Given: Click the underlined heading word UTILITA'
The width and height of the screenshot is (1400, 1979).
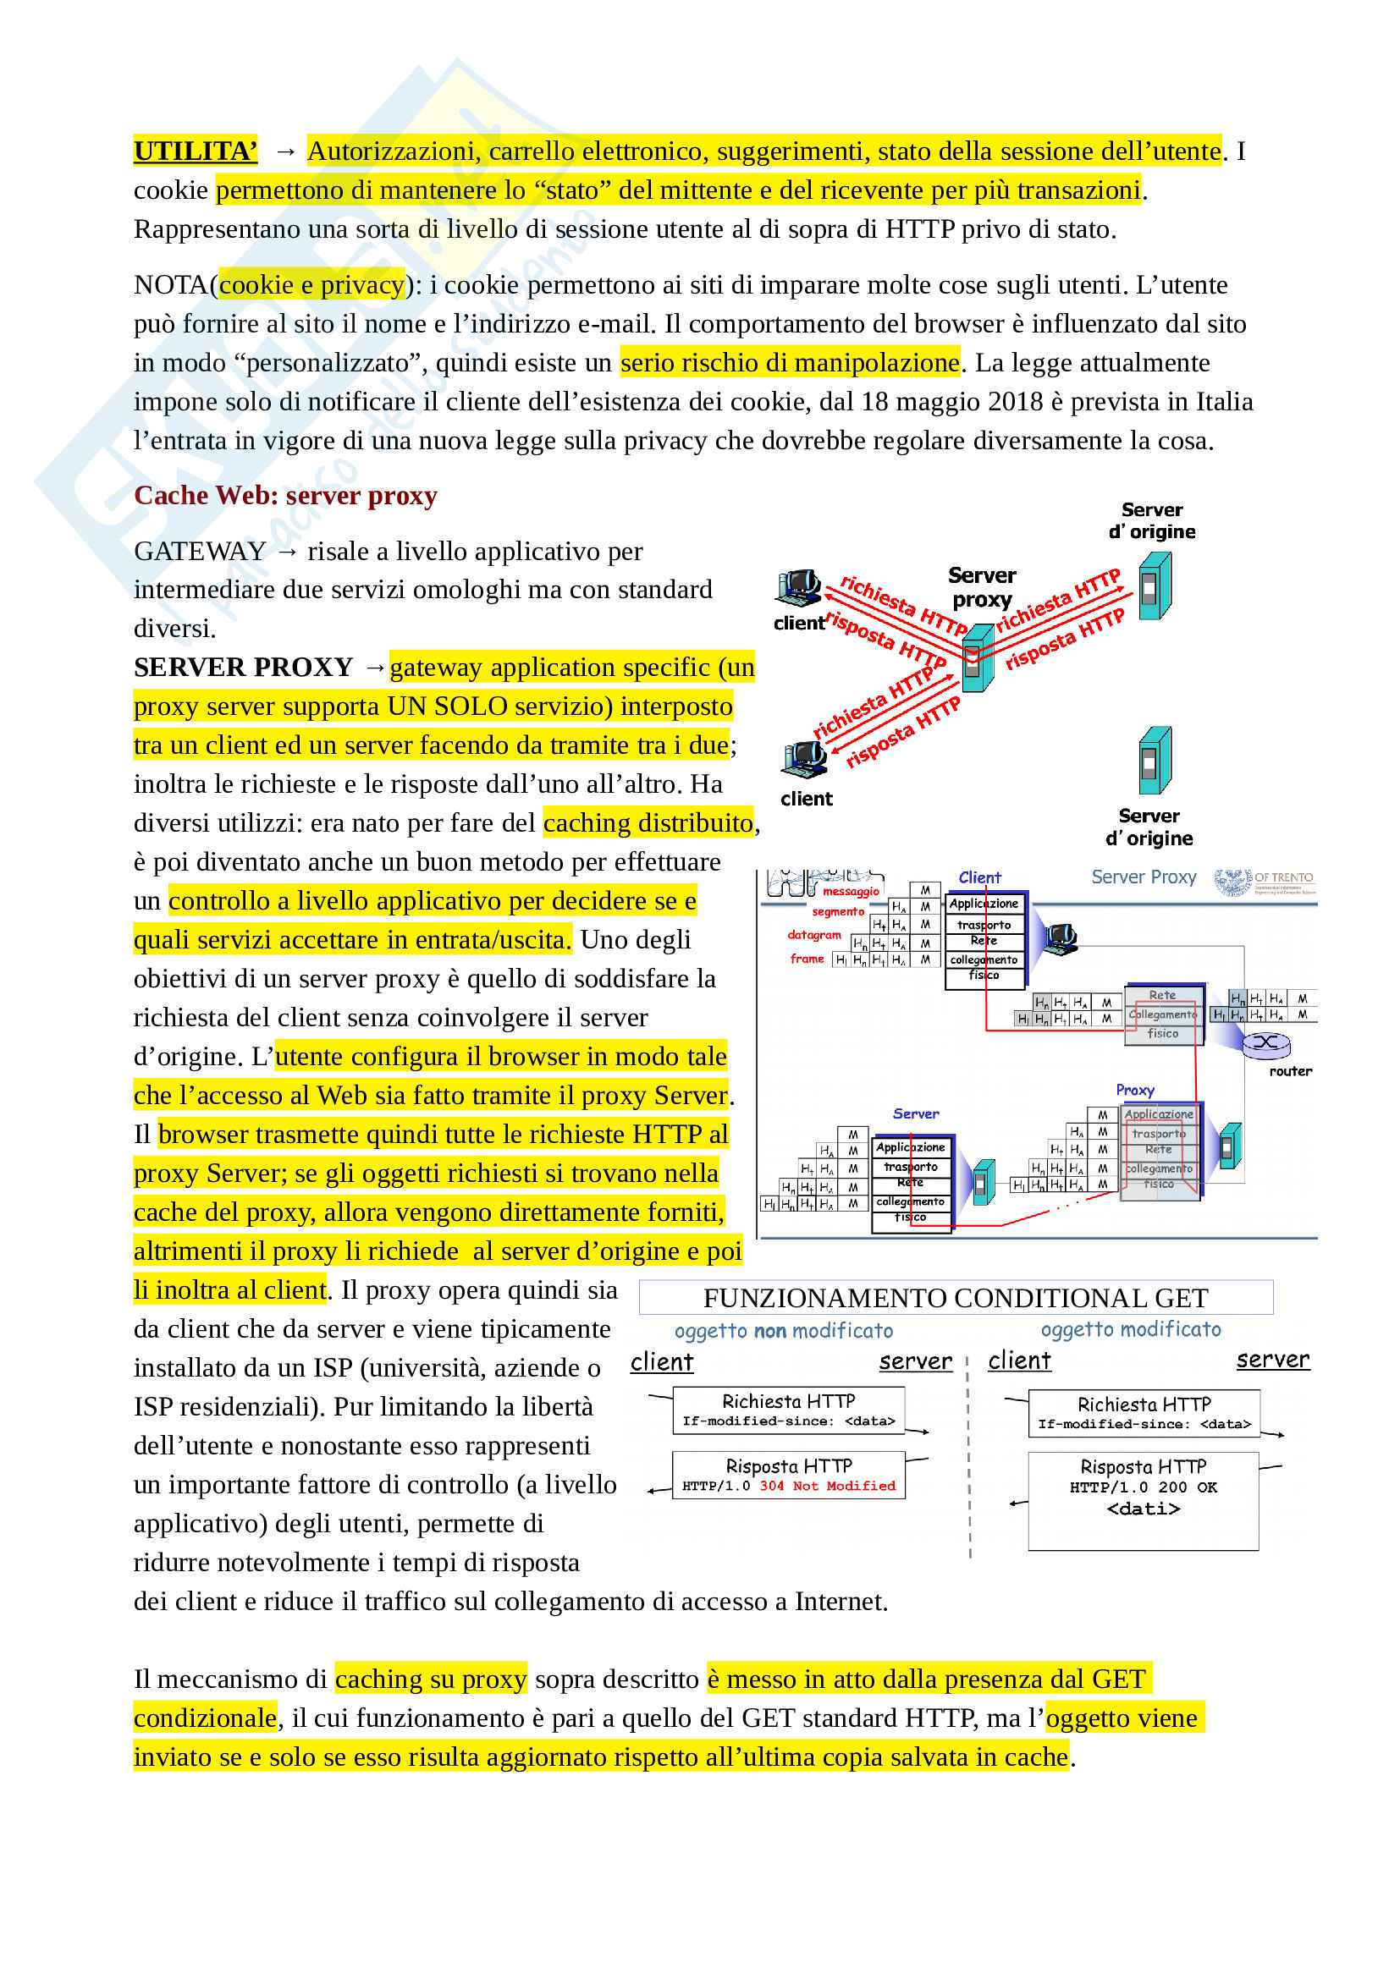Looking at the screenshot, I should [x=195, y=151].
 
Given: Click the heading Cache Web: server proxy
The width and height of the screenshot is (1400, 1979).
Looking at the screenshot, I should [x=285, y=496].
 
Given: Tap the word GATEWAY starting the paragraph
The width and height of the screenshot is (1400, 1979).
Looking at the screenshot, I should [x=199, y=552].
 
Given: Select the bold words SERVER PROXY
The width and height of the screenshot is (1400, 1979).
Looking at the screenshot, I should [x=243, y=667].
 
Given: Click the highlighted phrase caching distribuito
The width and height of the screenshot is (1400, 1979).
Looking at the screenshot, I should [x=648, y=823].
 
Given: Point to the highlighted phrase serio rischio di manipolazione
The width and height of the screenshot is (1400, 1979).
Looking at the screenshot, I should [x=790, y=363].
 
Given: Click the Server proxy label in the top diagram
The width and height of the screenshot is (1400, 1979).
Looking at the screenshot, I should [x=981, y=587].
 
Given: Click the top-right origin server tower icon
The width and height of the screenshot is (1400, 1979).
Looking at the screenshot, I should [x=1155, y=585].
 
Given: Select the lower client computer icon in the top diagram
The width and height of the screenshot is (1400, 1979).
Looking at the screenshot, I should [x=804, y=758].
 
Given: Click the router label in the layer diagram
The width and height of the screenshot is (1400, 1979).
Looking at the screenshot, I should [x=1290, y=1071].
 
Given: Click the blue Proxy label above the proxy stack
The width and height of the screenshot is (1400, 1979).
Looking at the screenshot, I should [x=1134, y=1091].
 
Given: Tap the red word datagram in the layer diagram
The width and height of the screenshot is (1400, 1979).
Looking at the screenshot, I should [x=813, y=934].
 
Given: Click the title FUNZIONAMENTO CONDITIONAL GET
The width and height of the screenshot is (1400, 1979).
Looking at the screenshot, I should [x=955, y=1298].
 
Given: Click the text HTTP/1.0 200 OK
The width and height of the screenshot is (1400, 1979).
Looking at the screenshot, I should [x=1143, y=1487].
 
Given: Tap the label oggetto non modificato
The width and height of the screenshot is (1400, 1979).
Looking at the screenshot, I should [x=784, y=1331].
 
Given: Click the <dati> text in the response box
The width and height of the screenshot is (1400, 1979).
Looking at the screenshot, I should [x=1143, y=1509].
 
